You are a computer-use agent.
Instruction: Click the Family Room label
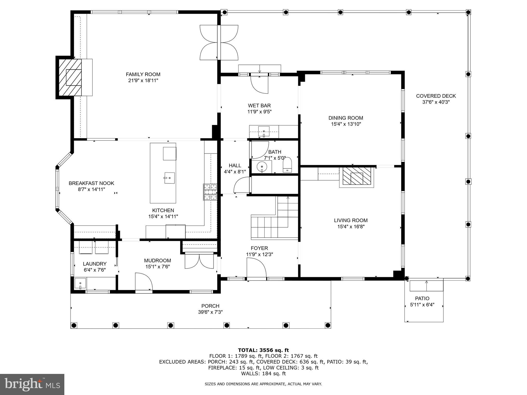point(143,74)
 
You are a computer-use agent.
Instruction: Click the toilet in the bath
point(287,165)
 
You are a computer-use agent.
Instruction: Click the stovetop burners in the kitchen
point(210,192)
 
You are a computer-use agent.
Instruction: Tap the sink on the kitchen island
point(170,178)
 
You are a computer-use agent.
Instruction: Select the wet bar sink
point(264,131)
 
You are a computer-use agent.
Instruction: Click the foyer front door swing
point(256,268)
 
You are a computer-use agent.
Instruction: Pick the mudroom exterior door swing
point(144,282)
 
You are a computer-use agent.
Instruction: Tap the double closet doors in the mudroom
point(199,262)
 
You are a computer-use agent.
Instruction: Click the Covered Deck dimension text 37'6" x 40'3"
point(436,102)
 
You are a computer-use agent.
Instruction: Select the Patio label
point(422,298)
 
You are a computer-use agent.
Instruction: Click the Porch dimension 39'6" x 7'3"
point(210,312)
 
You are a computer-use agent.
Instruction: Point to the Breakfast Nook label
point(91,183)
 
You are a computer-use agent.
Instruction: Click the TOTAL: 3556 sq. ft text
point(263,350)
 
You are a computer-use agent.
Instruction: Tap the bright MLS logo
point(32,384)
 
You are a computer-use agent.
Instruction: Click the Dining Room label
point(346,118)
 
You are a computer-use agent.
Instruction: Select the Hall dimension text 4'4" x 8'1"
point(235,172)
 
